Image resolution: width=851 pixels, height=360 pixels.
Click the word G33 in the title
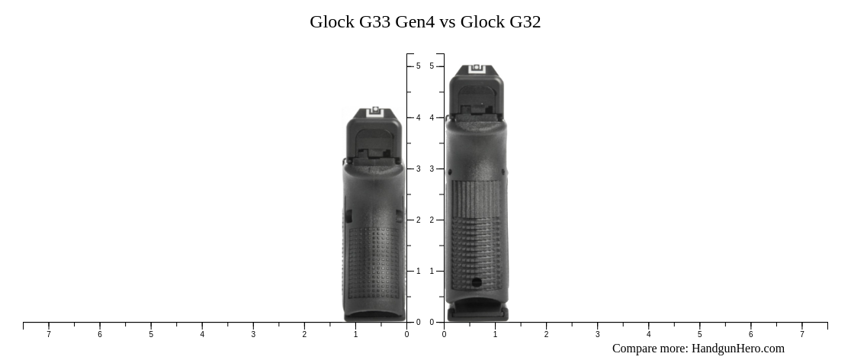[x=374, y=22]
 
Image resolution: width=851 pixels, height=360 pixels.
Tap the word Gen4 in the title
[x=416, y=22]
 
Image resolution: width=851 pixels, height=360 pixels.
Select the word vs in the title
[x=448, y=22]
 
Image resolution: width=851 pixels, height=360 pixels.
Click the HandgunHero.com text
[x=737, y=349]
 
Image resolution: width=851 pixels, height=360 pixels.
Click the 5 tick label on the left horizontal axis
[x=151, y=334]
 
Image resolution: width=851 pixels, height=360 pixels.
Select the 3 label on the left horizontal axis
[x=253, y=334]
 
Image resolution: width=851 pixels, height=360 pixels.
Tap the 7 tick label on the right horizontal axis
[x=801, y=334]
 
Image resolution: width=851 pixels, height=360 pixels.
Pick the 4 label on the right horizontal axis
[x=648, y=334]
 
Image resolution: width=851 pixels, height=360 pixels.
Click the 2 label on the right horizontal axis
[x=546, y=334]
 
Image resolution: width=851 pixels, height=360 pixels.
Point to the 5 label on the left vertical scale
[x=418, y=66]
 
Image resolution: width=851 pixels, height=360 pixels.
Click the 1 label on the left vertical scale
[x=418, y=271]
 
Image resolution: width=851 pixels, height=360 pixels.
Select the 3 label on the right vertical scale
[x=432, y=169]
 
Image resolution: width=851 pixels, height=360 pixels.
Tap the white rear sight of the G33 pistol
[x=374, y=112]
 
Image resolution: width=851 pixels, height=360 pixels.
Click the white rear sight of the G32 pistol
[x=477, y=69]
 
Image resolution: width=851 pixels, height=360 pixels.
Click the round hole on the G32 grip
[x=477, y=282]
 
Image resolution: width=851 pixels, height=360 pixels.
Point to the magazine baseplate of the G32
[x=477, y=312]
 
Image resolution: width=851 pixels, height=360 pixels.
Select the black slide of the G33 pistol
[x=374, y=137]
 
